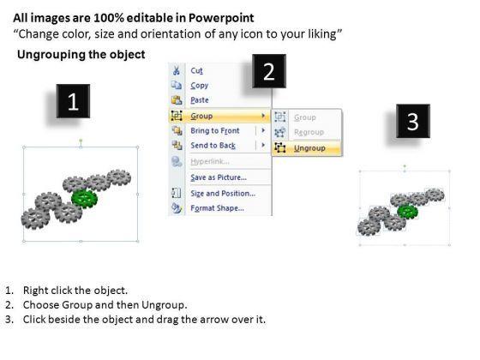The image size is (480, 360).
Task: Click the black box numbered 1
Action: point(73,101)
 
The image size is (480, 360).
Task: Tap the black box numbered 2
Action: point(269,71)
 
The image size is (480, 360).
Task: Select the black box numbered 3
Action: point(413,121)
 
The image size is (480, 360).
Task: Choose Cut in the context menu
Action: point(196,70)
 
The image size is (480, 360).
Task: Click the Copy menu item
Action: point(199,86)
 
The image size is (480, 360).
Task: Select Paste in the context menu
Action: point(200,100)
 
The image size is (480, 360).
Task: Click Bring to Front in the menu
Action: point(215,130)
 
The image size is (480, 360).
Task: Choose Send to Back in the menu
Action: point(213,146)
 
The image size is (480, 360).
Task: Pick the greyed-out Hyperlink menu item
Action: point(210,161)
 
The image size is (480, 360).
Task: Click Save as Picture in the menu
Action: point(219,177)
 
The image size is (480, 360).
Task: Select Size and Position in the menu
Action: point(223,194)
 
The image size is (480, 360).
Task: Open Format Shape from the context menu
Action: point(218,208)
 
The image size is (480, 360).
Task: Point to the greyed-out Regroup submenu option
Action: point(309,132)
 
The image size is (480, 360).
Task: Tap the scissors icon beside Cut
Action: point(177,70)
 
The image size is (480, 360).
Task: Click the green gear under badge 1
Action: point(85,198)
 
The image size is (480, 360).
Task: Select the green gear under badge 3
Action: point(407,212)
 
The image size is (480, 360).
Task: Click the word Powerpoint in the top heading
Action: point(221,18)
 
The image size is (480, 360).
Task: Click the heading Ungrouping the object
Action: point(81,55)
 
